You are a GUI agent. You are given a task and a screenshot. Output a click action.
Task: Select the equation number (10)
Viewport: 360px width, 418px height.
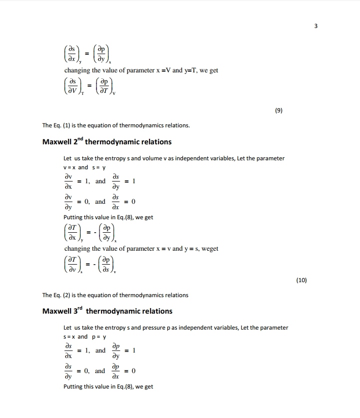[301, 280]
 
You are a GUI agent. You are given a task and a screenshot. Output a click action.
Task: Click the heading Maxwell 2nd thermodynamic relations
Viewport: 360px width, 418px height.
[106, 142]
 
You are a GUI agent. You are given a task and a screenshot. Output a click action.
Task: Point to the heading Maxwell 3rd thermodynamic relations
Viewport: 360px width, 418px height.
[107, 311]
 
